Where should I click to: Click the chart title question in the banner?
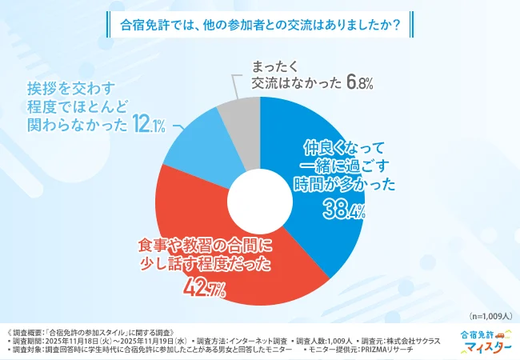pyautogui.click(x=260, y=22)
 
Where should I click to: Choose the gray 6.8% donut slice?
pyautogui.click(x=236, y=116)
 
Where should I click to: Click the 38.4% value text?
pyautogui.click(x=344, y=210)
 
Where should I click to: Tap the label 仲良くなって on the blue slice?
pyautogui.click(x=343, y=147)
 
